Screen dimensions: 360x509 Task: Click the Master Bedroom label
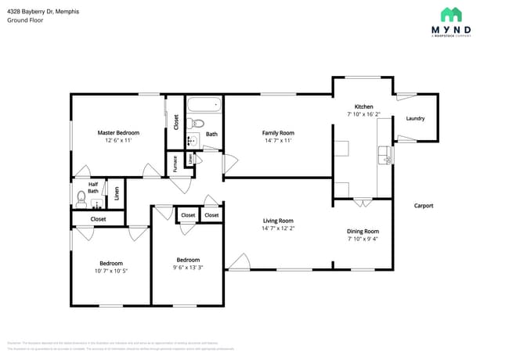pyautogui.click(x=118, y=133)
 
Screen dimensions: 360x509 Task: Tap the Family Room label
pyautogui.click(x=278, y=133)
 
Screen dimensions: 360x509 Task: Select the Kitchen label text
pyautogui.click(x=363, y=106)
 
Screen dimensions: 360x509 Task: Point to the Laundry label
pyautogui.click(x=415, y=119)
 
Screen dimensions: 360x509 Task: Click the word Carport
pyautogui.click(x=424, y=206)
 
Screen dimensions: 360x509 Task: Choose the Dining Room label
pyautogui.click(x=363, y=232)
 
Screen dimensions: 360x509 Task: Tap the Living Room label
pyautogui.click(x=278, y=221)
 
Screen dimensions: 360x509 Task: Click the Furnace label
pyautogui.click(x=175, y=163)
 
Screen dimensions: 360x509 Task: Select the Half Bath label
pyautogui.click(x=93, y=188)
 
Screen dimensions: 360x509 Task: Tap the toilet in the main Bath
pyautogui.click(x=197, y=123)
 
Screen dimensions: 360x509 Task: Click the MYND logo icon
pyautogui.click(x=450, y=14)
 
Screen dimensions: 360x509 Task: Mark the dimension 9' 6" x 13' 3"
pyautogui.click(x=188, y=268)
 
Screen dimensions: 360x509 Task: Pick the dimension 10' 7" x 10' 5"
pyautogui.click(x=110, y=271)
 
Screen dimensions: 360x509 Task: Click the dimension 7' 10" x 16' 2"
pyautogui.click(x=363, y=114)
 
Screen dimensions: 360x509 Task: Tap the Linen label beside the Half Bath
pyautogui.click(x=117, y=193)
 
